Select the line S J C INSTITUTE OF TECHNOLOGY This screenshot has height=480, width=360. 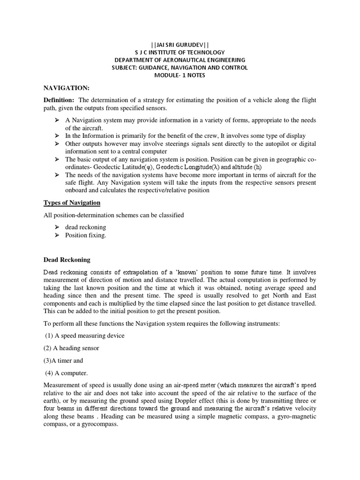pos(180,52)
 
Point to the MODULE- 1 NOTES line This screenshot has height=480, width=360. pos(180,75)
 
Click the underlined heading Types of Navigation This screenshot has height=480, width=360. pos(72,202)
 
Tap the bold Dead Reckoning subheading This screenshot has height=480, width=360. pos(67,260)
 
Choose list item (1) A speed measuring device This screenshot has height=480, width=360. pos(85,336)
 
